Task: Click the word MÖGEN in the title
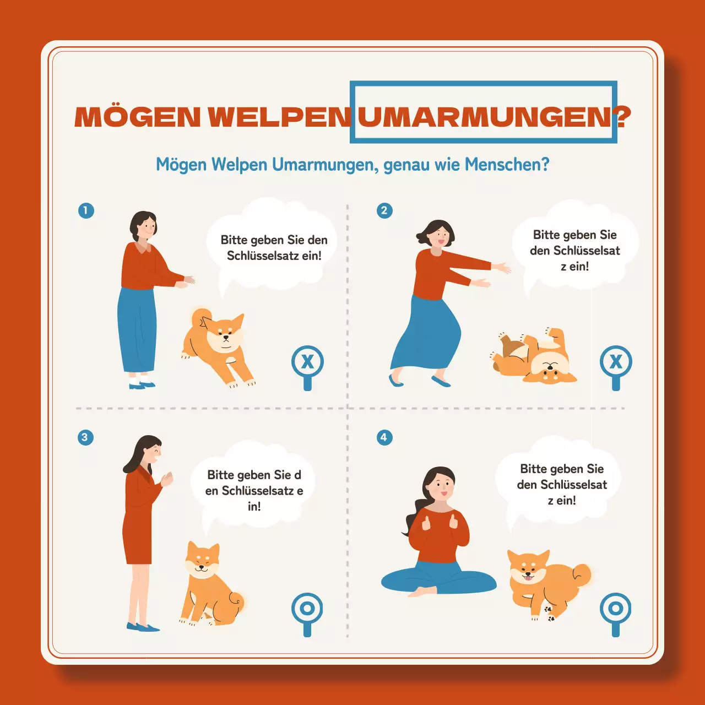point(137,117)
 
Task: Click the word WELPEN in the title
point(279,117)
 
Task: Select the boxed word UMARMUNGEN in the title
point(484,117)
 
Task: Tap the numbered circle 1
point(86,210)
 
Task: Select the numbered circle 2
point(384,210)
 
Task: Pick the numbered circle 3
point(85,438)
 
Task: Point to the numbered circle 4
point(384,438)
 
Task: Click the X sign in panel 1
point(307,362)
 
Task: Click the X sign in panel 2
point(616,362)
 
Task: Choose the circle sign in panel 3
point(307,609)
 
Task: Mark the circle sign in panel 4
point(615,609)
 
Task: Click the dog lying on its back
point(534,358)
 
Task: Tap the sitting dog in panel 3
point(209,587)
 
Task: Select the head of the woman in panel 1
point(144,225)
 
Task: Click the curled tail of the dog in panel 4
point(582,574)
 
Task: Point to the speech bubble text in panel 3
point(254,490)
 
